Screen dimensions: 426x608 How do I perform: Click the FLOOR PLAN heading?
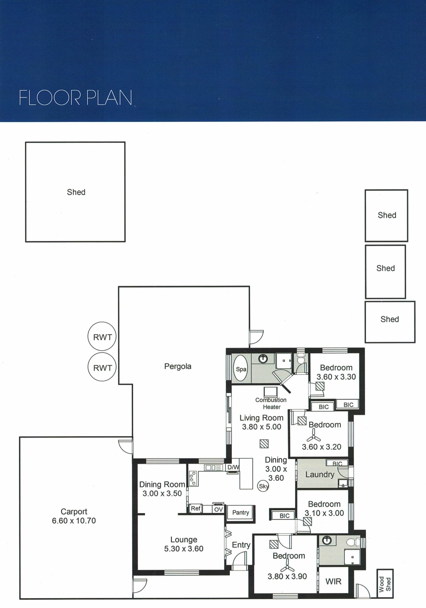click(75, 97)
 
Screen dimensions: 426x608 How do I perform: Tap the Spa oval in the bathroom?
click(241, 368)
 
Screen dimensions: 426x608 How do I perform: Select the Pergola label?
click(178, 366)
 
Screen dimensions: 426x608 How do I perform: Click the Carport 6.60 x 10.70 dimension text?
click(74, 520)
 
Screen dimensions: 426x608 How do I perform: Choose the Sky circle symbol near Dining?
click(263, 486)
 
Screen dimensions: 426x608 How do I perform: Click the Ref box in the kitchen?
click(196, 508)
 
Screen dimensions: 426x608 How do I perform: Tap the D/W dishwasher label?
click(233, 467)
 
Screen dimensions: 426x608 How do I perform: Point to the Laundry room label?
click(320, 474)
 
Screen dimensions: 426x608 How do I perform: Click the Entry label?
click(241, 545)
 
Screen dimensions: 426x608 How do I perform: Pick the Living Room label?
click(262, 418)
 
